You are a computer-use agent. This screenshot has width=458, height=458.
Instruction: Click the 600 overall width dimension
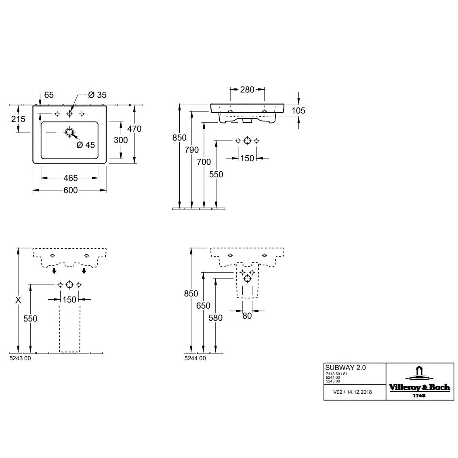click(70, 190)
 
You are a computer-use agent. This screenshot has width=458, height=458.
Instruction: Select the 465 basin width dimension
click(70, 178)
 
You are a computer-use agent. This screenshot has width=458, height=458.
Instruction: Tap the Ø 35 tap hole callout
click(97, 95)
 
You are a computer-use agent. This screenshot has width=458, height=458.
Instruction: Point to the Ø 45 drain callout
click(85, 145)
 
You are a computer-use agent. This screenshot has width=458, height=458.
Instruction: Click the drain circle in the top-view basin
click(69, 132)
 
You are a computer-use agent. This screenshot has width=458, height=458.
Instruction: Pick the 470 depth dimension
click(134, 129)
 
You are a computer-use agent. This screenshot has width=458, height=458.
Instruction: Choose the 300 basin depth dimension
click(121, 140)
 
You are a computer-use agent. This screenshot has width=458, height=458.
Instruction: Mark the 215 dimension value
click(18, 119)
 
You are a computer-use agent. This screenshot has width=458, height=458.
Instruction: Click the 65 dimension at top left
click(48, 95)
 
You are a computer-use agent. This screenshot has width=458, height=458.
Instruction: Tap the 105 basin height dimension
click(298, 111)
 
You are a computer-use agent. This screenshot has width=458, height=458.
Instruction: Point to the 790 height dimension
click(192, 150)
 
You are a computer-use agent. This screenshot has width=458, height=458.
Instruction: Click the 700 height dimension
click(204, 162)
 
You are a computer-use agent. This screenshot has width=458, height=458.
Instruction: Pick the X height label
click(18, 300)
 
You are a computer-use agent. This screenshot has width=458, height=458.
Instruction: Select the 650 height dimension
click(204, 306)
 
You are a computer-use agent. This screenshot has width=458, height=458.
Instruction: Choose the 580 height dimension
click(216, 318)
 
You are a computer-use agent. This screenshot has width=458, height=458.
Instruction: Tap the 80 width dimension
click(247, 316)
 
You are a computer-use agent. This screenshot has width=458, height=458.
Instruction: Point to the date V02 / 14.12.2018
click(352, 392)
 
